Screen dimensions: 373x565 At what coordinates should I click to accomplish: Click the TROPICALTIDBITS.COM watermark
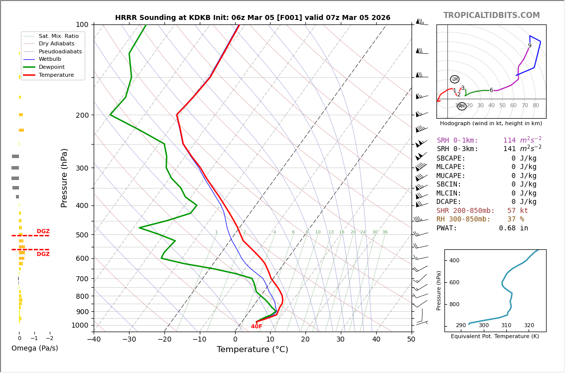[x=491, y=15]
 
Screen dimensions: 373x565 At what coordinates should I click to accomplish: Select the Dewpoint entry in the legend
[x=52, y=67]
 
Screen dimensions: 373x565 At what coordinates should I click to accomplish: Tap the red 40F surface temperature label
[x=257, y=327]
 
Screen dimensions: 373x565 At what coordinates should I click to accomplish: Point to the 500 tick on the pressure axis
[x=82, y=235]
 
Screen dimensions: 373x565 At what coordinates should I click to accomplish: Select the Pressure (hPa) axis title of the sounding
[x=64, y=178]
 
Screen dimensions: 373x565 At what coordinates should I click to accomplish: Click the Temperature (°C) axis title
[x=252, y=350]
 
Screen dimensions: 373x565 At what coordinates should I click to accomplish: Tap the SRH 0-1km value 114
[x=509, y=141]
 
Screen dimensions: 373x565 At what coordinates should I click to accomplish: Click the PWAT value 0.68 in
[x=513, y=228]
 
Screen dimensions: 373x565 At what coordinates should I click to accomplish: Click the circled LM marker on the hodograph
[x=454, y=79]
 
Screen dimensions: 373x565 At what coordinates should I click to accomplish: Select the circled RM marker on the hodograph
[x=461, y=106]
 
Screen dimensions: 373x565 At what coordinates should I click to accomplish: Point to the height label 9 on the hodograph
[x=530, y=46]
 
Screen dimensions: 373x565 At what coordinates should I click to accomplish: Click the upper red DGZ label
[x=43, y=231]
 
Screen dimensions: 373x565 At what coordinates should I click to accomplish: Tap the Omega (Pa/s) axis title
[x=34, y=348]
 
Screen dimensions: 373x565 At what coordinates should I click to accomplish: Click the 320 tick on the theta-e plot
[x=529, y=326]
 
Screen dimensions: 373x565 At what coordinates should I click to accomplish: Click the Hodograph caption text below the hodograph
[x=491, y=124]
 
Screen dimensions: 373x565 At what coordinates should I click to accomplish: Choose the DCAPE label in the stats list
[x=449, y=202]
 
